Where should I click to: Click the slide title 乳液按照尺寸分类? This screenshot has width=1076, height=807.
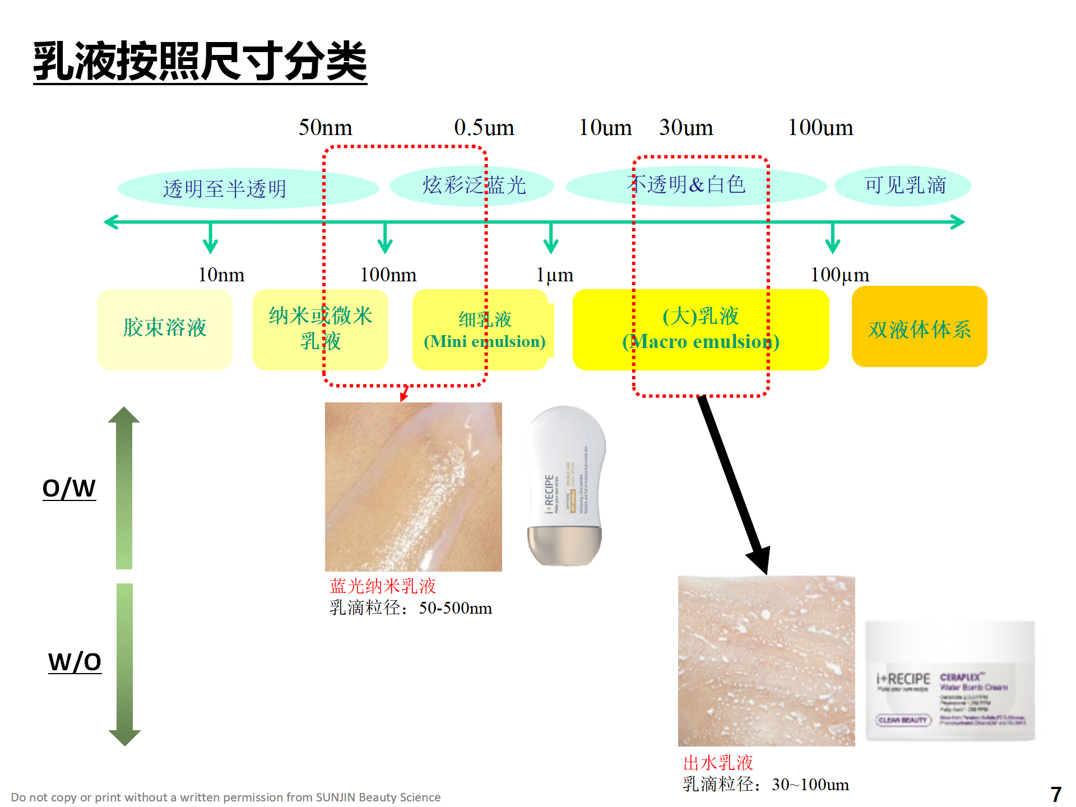[200, 62]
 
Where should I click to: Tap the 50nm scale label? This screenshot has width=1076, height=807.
[325, 128]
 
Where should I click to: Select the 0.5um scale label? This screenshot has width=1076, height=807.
[484, 128]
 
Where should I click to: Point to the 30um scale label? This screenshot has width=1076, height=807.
[686, 128]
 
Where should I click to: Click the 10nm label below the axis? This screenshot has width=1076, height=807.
[221, 275]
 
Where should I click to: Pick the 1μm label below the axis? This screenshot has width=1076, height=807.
[555, 275]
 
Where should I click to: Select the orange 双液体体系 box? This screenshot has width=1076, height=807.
[919, 327]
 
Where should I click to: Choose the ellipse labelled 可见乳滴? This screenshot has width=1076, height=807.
[903, 185]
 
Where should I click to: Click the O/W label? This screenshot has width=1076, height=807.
[69, 488]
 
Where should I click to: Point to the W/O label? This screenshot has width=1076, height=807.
[75, 662]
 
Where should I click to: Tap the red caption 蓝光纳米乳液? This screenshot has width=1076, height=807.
[383, 586]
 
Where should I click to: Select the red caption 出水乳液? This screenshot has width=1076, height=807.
[718, 763]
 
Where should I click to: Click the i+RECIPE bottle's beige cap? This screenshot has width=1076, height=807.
[564, 546]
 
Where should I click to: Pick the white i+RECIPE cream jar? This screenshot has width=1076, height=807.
[950, 681]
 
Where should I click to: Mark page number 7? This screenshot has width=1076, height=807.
[1056, 795]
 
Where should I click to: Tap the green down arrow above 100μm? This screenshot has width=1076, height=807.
[833, 238]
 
